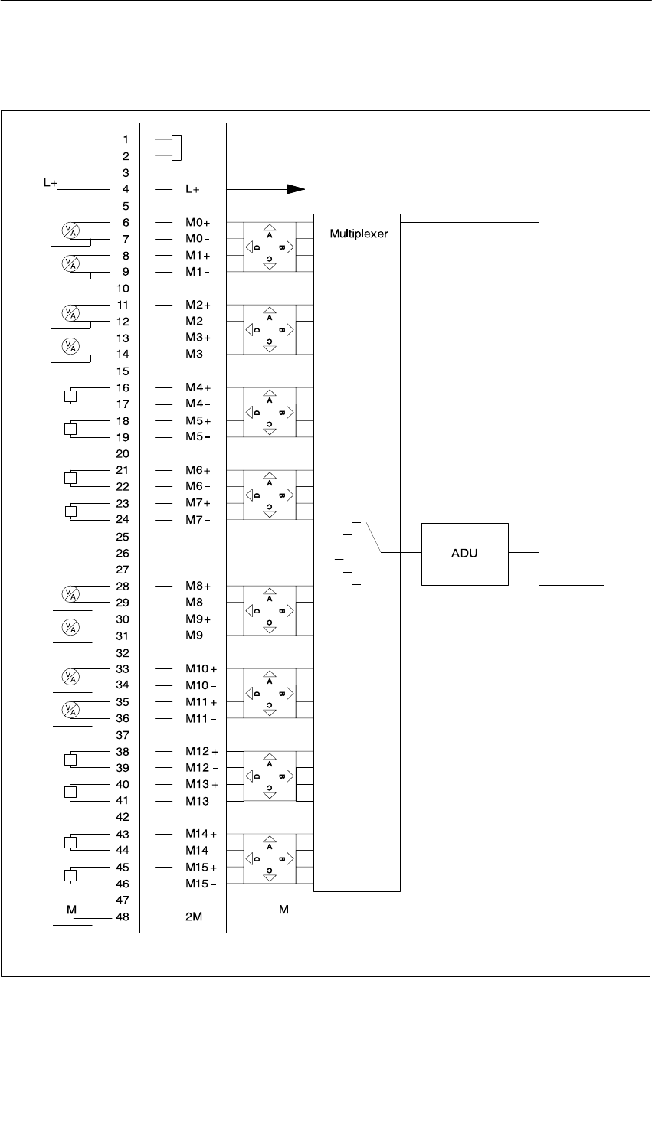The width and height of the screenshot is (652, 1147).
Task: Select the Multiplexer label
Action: tap(359, 233)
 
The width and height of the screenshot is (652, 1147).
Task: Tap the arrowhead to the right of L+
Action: tap(295, 189)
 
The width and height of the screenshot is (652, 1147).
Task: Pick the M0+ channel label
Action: tap(197, 222)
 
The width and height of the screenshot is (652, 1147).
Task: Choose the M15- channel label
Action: tap(200, 884)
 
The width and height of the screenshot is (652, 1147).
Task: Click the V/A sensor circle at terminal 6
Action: tap(69, 229)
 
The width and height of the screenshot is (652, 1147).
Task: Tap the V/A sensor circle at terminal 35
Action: tap(69, 709)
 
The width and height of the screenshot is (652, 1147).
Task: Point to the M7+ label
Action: tap(197, 503)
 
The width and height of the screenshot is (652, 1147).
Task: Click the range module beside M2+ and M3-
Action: tap(269, 330)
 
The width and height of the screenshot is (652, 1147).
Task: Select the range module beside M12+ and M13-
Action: tap(269, 776)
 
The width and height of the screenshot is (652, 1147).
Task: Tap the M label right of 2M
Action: tap(283, 910)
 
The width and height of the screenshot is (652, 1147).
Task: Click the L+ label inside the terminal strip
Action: tap(193, 188)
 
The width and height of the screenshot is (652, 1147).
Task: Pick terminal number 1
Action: tap(126, 139)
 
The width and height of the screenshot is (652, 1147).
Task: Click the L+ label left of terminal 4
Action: tap(51, 184)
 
